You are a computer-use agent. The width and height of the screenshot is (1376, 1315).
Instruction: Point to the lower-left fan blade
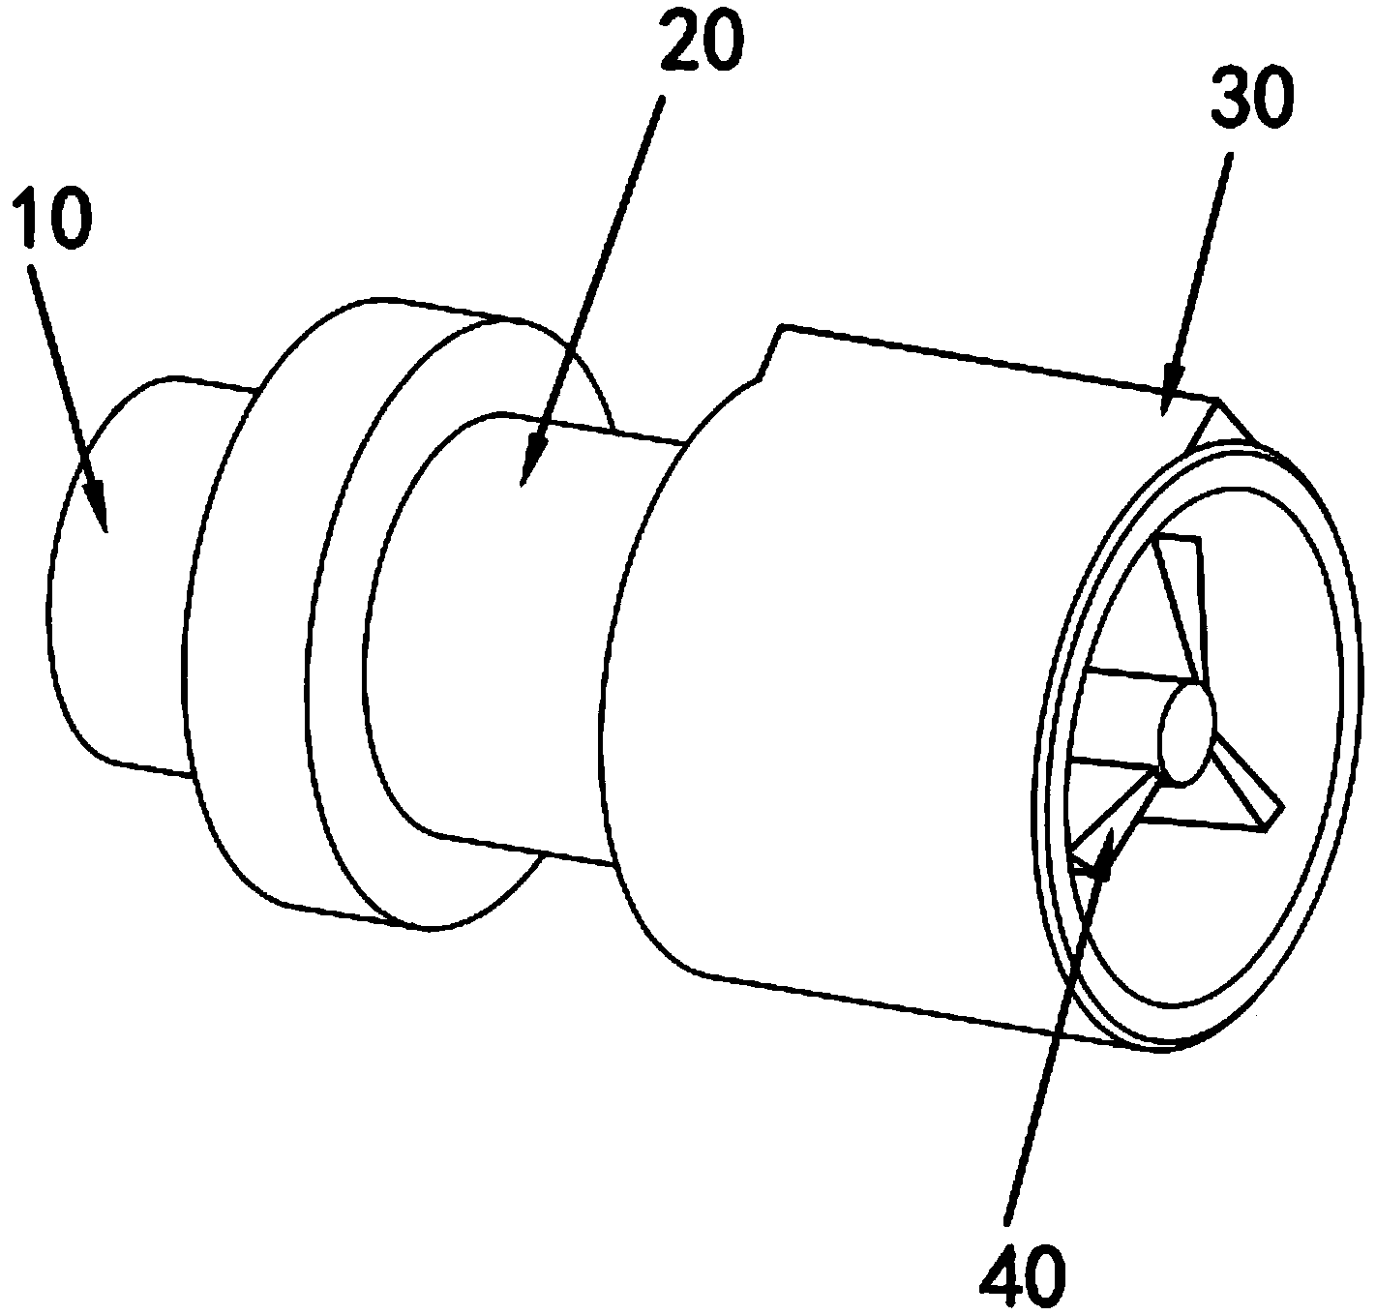[1113, 822]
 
